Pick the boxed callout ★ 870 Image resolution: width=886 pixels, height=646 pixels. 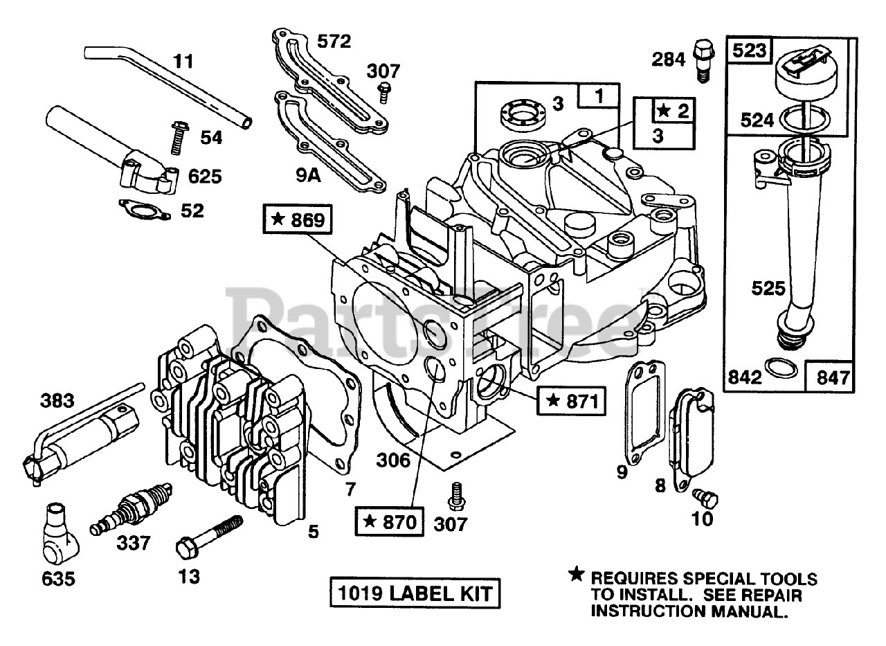pyautogui.click(x=388, y=521)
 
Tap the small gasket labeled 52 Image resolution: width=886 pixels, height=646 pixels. pyautogui.click(x=145, y=210)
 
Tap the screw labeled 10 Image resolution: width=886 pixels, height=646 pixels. pyautogui.click(x=707, y=497)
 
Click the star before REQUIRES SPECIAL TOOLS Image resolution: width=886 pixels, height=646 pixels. pyautogui.click(x=575, y=573)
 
